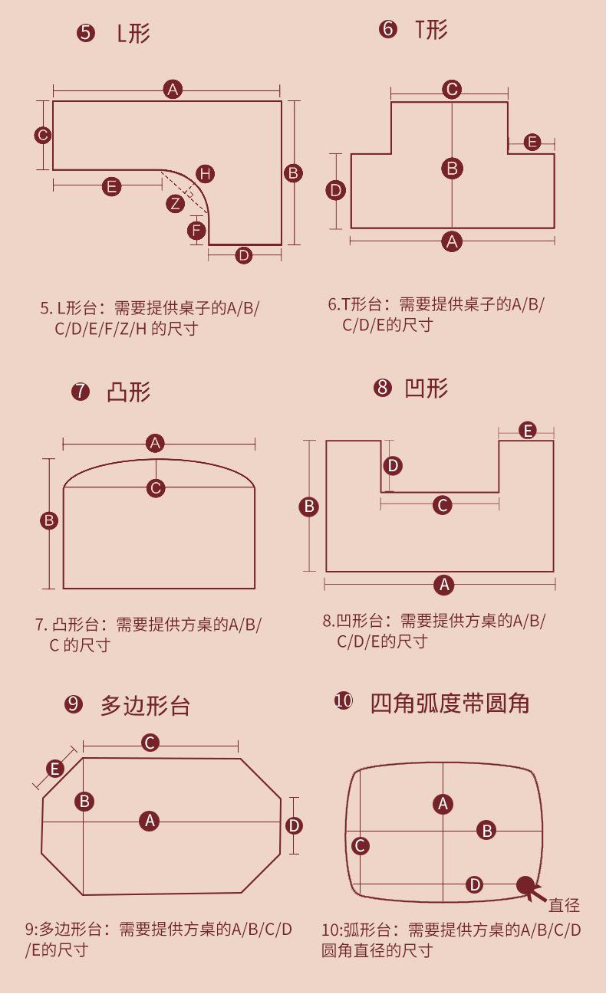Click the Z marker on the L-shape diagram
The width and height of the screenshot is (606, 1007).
coord(176,204)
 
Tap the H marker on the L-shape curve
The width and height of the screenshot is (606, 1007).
coord(204,174)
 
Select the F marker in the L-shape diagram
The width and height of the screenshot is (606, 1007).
coord(197,230)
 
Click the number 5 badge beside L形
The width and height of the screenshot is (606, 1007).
coord(86,34)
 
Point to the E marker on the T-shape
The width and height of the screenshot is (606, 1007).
coord(532,143)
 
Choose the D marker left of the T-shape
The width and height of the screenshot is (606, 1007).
coord(336,190)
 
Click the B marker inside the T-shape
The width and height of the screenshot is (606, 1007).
coord(452,169)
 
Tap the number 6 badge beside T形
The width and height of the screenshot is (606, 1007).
coord(388,30)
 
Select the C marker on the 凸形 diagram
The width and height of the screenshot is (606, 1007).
coord(156,488)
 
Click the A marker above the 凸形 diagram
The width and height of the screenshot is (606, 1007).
coord(156,443)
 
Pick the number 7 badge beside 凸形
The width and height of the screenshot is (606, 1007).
coord(80,392)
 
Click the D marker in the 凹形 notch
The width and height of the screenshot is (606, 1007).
coord(393,465)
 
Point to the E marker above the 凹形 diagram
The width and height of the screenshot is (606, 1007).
coord(528,431)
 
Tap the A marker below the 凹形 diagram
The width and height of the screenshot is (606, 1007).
coord(443,586)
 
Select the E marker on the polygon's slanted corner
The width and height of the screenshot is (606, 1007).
coord(54,769)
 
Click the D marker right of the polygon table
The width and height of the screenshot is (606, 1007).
coord(294,825)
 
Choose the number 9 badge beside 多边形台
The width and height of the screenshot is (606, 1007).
coord(74,704)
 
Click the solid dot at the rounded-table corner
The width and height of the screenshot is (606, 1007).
coord(525,886)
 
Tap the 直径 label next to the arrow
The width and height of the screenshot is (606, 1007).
coord(564,906)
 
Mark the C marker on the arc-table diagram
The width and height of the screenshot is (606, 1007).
coord(360,846)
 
